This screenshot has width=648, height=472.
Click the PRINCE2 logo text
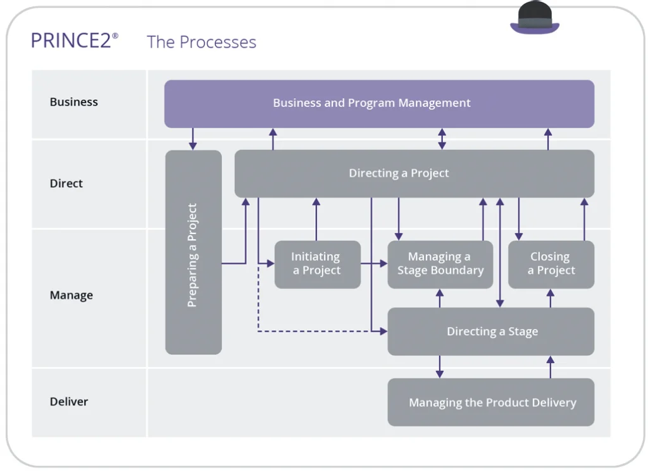coord(71,41)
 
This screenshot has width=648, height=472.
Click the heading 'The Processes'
coord(201,42)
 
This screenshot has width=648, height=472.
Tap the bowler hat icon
coord(535,18)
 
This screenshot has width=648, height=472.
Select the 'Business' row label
coord(74,102)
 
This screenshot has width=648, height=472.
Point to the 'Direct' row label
coord(66,183)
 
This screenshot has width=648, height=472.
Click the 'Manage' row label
coord(72,295)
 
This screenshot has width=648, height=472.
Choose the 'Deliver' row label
coord(69,402)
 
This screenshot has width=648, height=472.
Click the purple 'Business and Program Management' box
coord(378,103)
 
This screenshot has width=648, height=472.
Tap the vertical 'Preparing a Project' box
coord(193,253)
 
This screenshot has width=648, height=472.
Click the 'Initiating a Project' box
coord(317,264)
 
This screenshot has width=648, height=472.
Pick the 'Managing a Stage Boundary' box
coord(440,264)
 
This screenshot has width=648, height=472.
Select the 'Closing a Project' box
coord(551,264)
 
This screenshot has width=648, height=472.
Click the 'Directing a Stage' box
coord(491,332)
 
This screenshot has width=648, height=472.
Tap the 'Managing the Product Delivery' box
coord(491,402)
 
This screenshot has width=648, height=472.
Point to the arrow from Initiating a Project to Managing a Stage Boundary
coord(374,263)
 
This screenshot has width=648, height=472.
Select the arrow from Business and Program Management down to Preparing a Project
coord(193,139)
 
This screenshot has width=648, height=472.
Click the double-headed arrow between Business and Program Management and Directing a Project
coord(442,139)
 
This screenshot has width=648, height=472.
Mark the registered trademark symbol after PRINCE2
coord(115,35)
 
